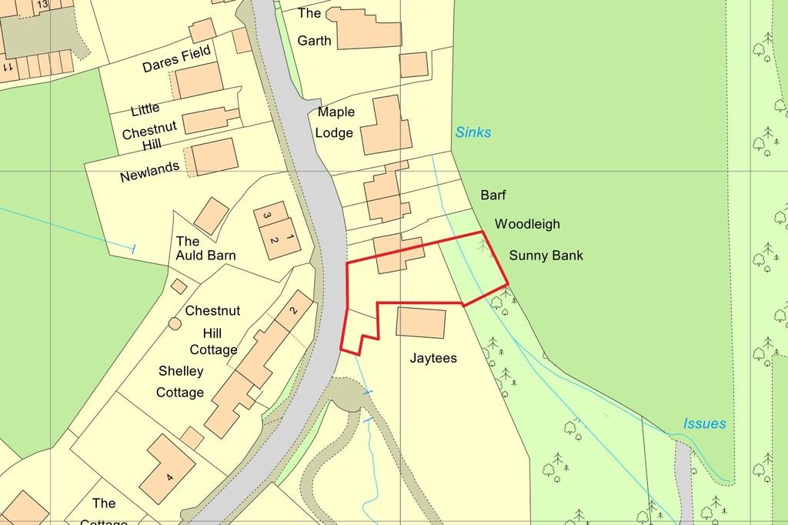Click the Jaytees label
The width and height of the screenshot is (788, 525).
click(x=434, y=358)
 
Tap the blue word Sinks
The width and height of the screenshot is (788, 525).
click(x=472, y=132)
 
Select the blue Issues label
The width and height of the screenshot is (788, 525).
click(x=704, y=423)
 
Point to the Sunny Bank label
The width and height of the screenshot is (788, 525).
click(x=546, y=256)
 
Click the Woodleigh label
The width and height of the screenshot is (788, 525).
click(x=527, y=225)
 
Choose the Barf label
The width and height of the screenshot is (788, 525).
click(x=493, y=196)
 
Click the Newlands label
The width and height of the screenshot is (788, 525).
click(x=149, y=171)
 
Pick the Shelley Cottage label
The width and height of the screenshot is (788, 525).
click(x=181, y=382)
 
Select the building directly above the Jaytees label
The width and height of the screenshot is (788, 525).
click(x=420, y=322)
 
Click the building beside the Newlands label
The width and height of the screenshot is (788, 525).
click(x=213, y=157)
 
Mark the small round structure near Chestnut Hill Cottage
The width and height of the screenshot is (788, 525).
click(x=174, y=324)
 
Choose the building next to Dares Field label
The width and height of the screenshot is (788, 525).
click(x=199, y=79)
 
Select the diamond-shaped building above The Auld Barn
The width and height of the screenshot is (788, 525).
click(x=211, y=216)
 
